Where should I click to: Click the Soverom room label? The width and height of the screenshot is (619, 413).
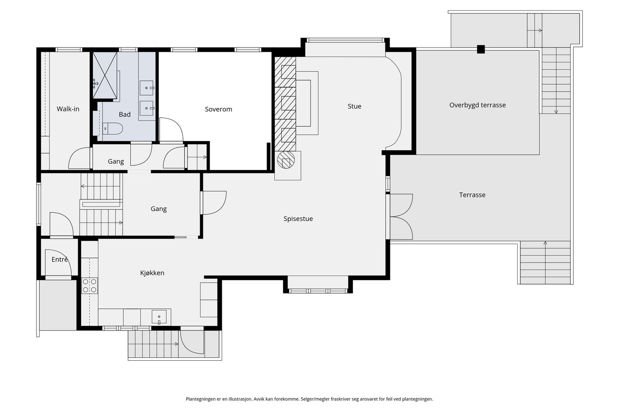(x=218, y=109)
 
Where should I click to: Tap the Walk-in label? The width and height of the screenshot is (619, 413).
(x=68, y=109)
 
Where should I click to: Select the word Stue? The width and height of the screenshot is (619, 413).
(x=354, y=106)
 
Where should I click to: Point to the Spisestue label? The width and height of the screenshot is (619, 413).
(x=298, y=219)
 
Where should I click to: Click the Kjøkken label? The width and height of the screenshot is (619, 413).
(x=152, y=273)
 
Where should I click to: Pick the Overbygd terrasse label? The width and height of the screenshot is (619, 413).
(x=477, y=105)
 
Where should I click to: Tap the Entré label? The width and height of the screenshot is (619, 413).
(x=60, y=259)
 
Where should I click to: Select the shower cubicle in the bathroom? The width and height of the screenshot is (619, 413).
(x=105, y=75)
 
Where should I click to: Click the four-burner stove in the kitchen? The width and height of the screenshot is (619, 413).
(x=89, y=286)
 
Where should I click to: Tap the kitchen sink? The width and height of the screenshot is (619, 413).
(x=159, y=317)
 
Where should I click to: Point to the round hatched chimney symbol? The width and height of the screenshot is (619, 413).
(x=286, y=160)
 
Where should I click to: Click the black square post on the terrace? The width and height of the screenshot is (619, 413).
(x=481, y=49)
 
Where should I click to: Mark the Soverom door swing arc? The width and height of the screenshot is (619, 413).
(x=176, y=124)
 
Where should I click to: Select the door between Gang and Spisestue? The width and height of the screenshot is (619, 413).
(x=214, y=203)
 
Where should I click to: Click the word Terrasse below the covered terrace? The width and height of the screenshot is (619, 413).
(x=472, y=195)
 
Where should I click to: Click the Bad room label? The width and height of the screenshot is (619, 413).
(x=125, y=115)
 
